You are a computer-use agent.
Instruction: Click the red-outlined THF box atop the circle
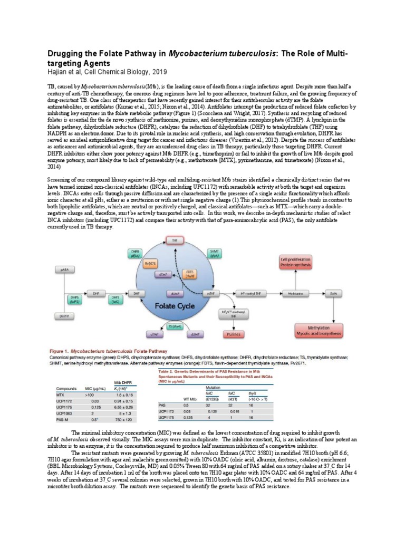pyautogui.click(x=172, y=240)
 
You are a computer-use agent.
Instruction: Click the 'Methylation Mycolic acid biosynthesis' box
pyautogui.click(x=315, y=331)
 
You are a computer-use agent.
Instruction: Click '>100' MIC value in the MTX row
pyautogui.click(x=89, y=394)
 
